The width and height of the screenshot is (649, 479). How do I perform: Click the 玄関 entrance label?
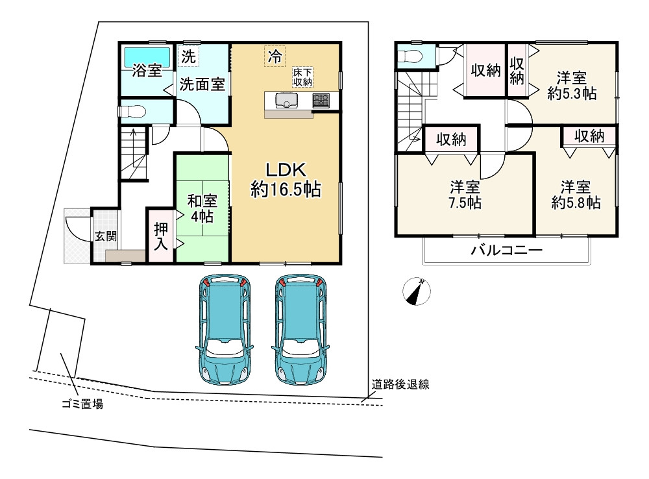click(x=106, y=236)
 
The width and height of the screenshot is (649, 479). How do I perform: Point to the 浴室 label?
click(x=147, y=70)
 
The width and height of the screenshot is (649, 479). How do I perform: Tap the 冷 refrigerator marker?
click(x=275, y=56)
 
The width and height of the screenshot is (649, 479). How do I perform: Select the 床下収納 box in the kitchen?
click(x=302, y=77)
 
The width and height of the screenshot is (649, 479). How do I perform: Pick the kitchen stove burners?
click(x=321, y=101)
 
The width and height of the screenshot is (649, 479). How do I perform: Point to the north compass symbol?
click(x=415, y=291)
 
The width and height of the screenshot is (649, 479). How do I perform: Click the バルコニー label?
click(x=506, y=251)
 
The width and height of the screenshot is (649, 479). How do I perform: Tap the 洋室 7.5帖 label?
click(x=465, y=195)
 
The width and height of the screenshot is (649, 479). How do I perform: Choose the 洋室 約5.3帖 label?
click(x=572, y=85)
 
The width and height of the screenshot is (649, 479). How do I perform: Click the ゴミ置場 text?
click(x=81, y=406)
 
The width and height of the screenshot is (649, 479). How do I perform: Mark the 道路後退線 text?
click(x=400, y=384)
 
